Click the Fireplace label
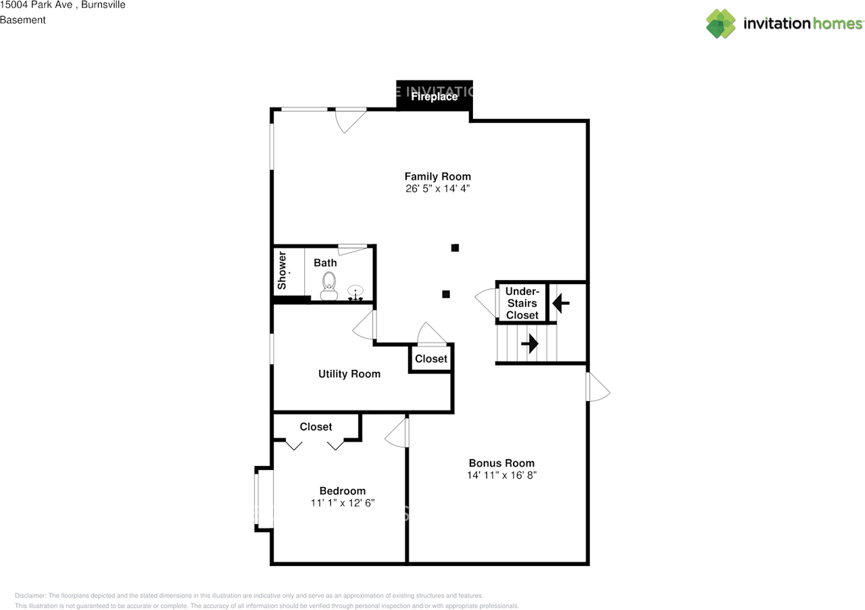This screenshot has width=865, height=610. [x=435, y=97]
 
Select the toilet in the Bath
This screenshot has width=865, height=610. [x=329, y=285]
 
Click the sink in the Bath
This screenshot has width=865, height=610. [x=356, y=293]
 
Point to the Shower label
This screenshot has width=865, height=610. [x=282, y=271]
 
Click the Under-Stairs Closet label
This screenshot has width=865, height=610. [x=522, y=303]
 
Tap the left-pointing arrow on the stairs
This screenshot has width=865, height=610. [x=561, y=303]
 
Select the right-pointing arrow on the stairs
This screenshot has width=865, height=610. [x=530, y=344]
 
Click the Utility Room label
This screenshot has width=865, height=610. [x=349, y=374]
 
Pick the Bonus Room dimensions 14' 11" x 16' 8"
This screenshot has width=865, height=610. [x=501, y=475]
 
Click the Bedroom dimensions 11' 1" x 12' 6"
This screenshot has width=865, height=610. [x=343, y=503]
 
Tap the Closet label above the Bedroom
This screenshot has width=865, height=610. [x=316, y=427]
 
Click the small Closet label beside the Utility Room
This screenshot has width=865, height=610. [x=431, y=358]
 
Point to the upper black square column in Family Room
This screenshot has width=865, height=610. [x=455, y=248]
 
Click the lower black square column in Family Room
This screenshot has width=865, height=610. [x=445, y=294]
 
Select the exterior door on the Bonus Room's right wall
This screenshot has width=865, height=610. [x=598, y=387]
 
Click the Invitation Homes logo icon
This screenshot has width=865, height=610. [x=721, y=24]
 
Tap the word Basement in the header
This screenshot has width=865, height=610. [x=23, y=20]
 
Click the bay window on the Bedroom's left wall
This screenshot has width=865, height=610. [x=264, y=499]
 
